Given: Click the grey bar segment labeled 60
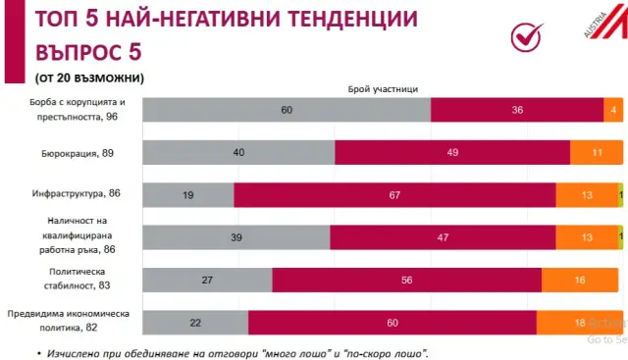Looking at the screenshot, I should (287, 110).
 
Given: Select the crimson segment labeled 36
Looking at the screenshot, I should (517, 110).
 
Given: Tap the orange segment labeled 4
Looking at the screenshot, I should (612, 110).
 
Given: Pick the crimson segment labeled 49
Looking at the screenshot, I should (452, 152).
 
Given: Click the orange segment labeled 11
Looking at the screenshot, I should (597, 152).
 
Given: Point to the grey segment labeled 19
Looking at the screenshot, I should (188, 195).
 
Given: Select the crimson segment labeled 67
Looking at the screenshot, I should (394, 195).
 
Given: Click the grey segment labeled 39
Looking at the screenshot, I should (236, 237).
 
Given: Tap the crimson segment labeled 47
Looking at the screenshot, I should (443, 237).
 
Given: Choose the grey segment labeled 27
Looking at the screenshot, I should (208, 280).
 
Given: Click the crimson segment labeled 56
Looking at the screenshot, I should (406, 280).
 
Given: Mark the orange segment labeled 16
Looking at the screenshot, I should (582, 280).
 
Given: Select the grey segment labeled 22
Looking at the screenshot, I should (196, 323).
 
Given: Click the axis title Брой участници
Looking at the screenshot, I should (383, 88).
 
